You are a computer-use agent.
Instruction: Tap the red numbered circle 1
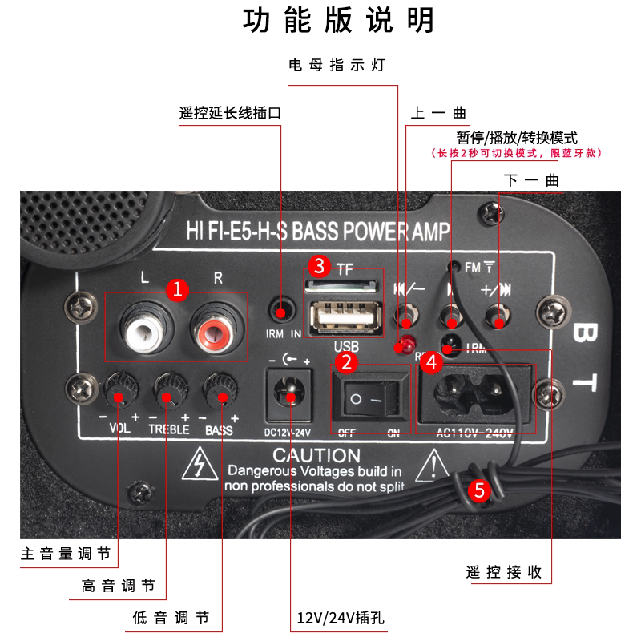(178, 289)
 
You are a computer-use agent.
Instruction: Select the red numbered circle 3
(320, 264)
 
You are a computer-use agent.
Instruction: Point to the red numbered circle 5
(479, 490)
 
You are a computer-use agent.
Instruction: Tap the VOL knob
(118, 393)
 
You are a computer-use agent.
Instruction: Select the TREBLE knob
(167, 393)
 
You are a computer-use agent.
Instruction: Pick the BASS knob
(217, 393)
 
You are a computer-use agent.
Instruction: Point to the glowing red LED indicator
(406, 345)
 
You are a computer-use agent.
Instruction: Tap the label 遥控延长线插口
(231, 113)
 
